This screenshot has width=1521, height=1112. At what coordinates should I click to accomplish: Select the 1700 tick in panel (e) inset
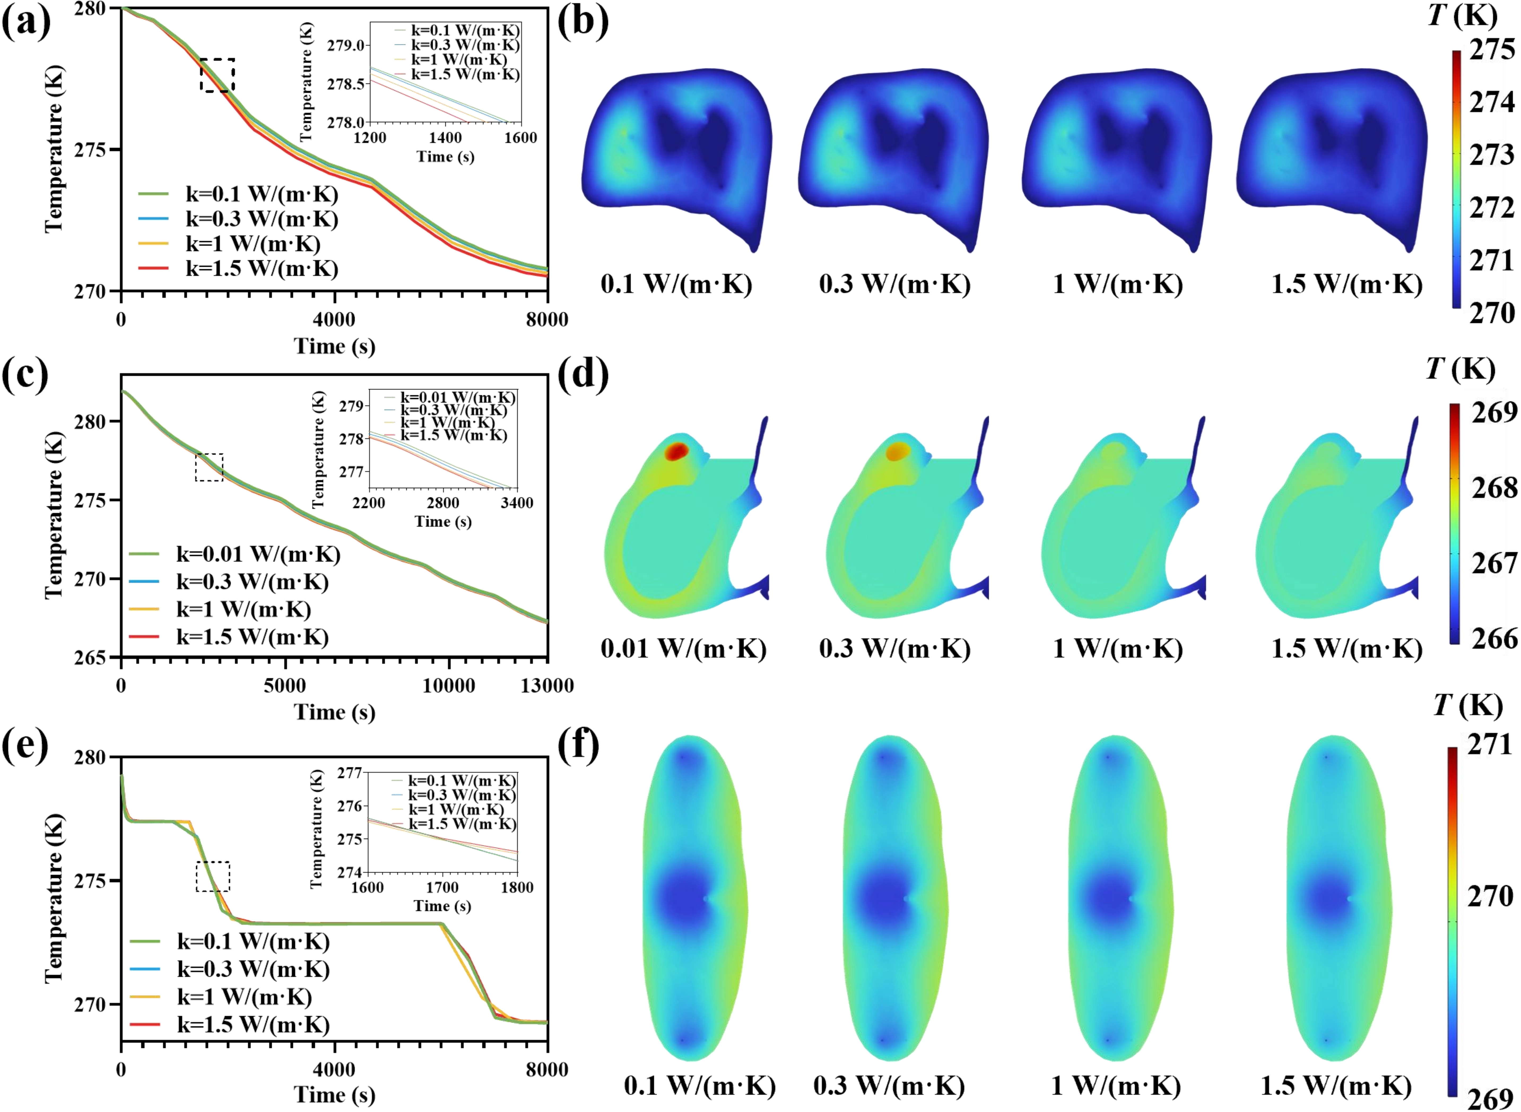coord(442,887)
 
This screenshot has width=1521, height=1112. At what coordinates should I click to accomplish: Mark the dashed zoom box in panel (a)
coord(218,75)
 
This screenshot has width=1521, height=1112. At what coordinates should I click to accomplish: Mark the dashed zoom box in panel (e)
coord(213,876)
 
